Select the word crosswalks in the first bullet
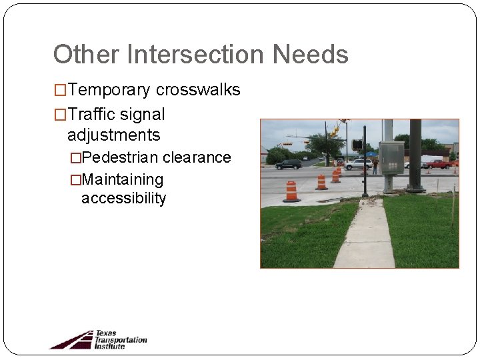pos(198,90)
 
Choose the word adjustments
pos(113,135)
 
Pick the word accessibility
pos(123,198)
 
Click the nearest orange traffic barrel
pos(291,191)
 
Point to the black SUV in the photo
pos(288,164)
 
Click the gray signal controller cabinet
pos(391,157)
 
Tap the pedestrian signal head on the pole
pos(357,145)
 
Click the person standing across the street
pos(375,165)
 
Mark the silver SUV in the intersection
pos(359,164)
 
